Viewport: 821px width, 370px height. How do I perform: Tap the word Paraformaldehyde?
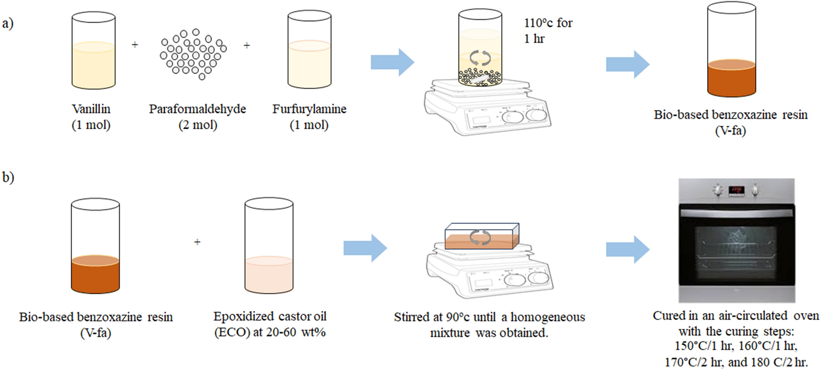pos(197,109)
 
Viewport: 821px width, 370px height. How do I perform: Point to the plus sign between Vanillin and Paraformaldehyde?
pos(135,44)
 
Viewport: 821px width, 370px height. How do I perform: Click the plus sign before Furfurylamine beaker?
pos(247,45)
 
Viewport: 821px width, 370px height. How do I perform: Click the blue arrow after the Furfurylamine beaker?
pos(392,62)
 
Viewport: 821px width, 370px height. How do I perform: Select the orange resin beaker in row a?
pos(731,50)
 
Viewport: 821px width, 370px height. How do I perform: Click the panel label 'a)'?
pos(8,23)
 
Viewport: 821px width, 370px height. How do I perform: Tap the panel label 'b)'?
pos(8,177)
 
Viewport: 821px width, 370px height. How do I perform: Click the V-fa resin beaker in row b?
pos(96,246)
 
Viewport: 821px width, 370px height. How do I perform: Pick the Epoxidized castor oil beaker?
pos(269,246)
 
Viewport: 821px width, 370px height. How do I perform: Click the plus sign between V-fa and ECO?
pos(197,242)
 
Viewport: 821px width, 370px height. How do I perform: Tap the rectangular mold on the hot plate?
pos(482,236)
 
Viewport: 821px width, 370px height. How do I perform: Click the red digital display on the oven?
pos(736,190)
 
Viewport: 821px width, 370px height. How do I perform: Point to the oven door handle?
pos(736,212)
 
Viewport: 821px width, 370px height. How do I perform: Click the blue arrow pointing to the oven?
pos(627,249)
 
